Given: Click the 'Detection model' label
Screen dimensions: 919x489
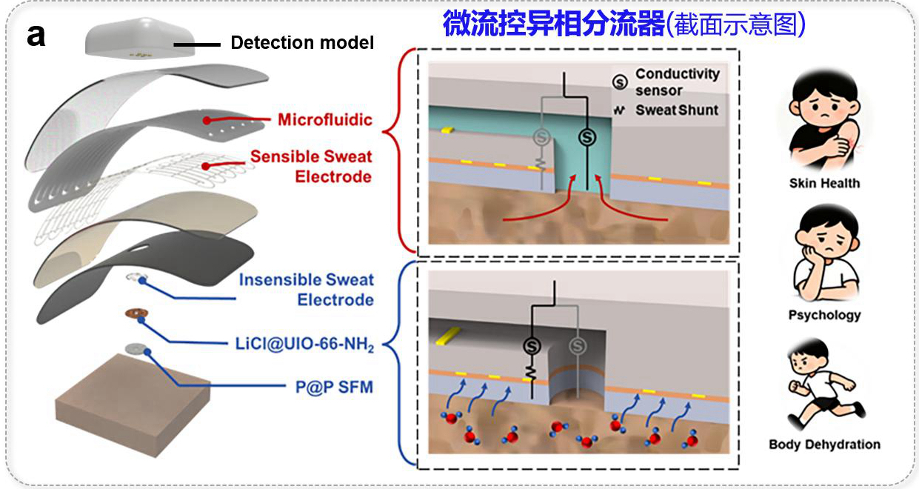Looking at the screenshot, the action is tap(302, 43).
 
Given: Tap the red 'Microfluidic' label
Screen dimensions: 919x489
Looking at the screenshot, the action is tap(325, 120).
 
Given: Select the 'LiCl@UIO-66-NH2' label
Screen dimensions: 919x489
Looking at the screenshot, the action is tap(304, 344).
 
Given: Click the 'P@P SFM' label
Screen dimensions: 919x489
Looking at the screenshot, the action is tap(334, 387).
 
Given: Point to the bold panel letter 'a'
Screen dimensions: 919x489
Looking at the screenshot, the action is tap(36, 36).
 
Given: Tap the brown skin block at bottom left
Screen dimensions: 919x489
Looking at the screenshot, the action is tap(132, 407).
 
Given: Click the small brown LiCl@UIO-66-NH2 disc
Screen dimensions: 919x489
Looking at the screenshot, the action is tap(136, 313).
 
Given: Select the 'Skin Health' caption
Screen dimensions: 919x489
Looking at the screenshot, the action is tap(825, 183).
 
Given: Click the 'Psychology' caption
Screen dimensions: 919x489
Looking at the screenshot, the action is tap(825, 316).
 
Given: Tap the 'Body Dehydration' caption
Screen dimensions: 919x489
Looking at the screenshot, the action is tap(825, 445).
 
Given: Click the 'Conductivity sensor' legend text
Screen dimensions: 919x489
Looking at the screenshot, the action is tap(678, 82).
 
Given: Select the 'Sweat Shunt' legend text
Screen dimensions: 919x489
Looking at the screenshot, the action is tap(677, 110).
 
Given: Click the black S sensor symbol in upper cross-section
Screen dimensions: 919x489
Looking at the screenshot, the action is tap(587, 137).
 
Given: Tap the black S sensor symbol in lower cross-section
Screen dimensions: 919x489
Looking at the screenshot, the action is tap(532, 346).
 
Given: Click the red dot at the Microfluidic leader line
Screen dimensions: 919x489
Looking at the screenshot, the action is tap(207, 120).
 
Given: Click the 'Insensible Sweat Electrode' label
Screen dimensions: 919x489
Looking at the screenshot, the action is tap(306, 290).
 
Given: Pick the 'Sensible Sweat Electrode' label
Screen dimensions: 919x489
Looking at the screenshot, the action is tap(311, 167).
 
